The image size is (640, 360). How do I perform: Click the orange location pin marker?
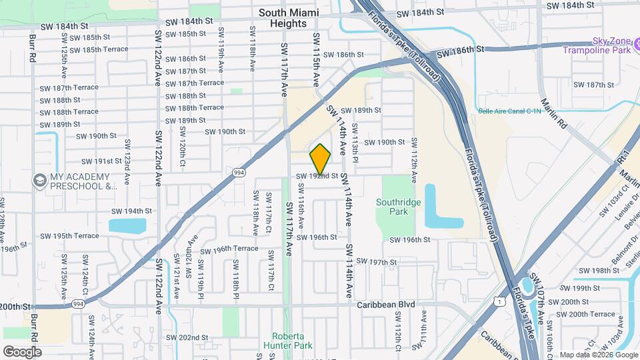click(321, 159)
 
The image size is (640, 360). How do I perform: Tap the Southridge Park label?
click(400, 207)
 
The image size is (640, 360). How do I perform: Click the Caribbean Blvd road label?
click(385, 305)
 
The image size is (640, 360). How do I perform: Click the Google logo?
click(22, 351)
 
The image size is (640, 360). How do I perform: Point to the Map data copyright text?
click(598, 355)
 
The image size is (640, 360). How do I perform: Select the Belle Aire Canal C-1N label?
click(509, 111)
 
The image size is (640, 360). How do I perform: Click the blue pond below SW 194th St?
click(127, 225)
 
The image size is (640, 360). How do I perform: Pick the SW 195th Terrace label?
click(69, 236)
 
